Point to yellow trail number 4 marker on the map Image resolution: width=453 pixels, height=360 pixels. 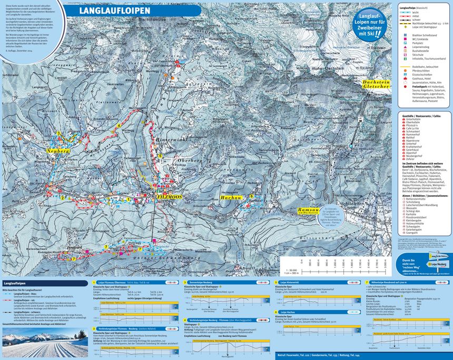point(120,125)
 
